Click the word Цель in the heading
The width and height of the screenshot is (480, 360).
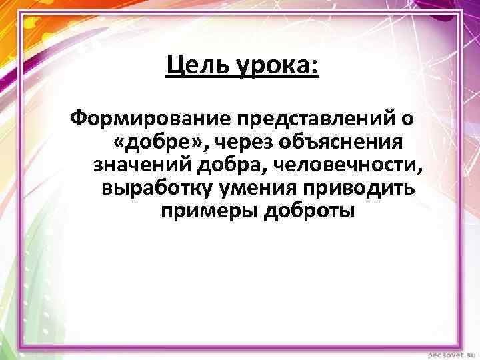[195, 66]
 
